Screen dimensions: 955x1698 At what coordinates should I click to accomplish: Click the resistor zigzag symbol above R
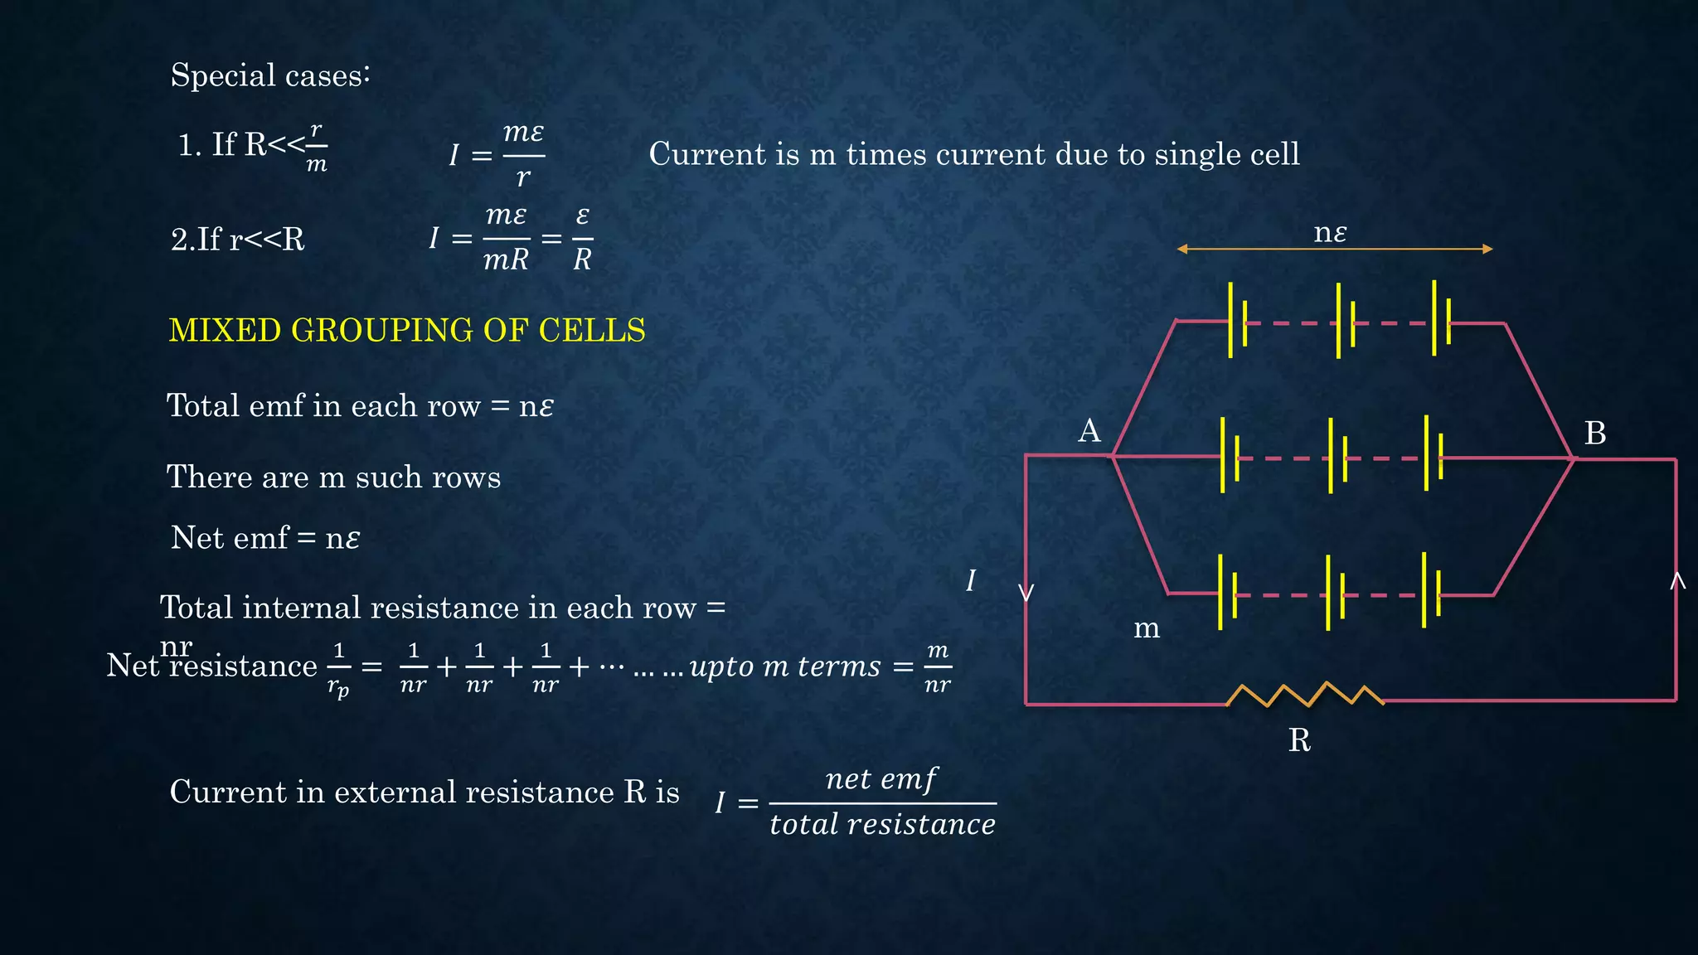tap(1305, 695)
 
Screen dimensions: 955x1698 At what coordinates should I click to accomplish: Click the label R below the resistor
tap(1299, 740)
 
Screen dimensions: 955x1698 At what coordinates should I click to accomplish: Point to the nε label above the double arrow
tap(1330, 233)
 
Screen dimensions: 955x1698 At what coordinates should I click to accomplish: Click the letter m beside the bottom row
tap(1147, 629)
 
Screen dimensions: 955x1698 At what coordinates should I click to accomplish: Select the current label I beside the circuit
tap(971, 580)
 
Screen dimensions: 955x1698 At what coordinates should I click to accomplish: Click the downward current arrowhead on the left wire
tap(1026, 593)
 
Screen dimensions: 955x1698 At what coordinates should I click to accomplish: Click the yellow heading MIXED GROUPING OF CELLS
tap(406, 330)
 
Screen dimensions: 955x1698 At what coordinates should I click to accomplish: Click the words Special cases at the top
tap(269, 75)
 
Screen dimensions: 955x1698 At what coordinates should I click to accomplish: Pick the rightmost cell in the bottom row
tap(1430, 590)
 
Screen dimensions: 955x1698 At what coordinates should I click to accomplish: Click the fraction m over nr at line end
tap(937, 667)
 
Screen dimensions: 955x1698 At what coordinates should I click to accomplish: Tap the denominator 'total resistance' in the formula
tap(882, 825)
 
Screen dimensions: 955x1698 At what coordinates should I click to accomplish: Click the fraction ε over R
tap(582, 239)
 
